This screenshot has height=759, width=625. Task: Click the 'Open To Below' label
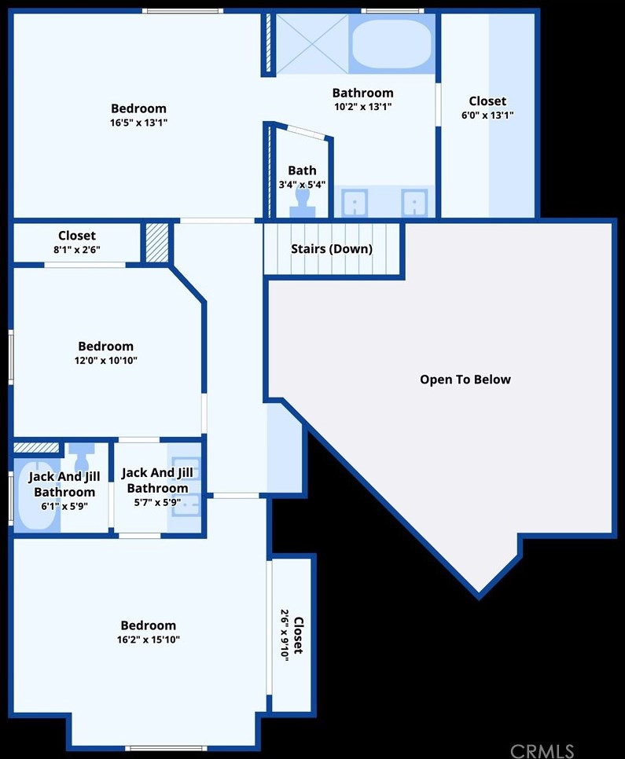(x=465, y=379)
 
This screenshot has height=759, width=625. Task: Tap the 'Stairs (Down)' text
(x=332, y=249)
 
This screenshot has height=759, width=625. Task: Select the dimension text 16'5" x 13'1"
(x=138, y=123)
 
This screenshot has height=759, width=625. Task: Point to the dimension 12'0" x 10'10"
(x=106, y=361)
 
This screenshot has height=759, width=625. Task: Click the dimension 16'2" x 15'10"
(x=149, y=640)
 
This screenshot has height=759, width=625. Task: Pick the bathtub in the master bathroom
(x=391, y=44)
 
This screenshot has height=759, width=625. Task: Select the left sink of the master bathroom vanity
(x=355, y=203)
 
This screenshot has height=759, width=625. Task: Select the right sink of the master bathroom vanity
(x=414, y=203)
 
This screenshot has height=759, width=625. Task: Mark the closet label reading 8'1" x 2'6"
(x=77, y=242)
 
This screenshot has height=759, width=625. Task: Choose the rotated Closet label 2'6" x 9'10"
(x=291, y=636)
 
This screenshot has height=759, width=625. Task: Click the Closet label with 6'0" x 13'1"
(x=487, y=108)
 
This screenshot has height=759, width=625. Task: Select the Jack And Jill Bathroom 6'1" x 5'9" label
(x=64, y=491)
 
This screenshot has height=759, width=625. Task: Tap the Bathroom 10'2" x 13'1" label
(x=362, y=100)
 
